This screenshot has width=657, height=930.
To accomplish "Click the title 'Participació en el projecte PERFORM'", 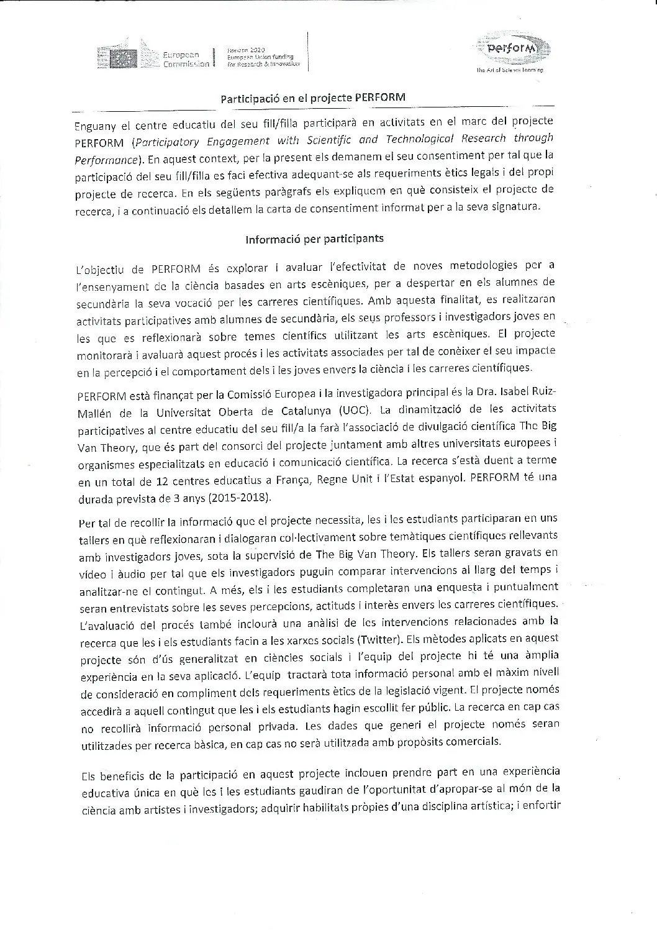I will point(314,98).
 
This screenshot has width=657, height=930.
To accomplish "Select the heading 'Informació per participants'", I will point(314,238).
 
